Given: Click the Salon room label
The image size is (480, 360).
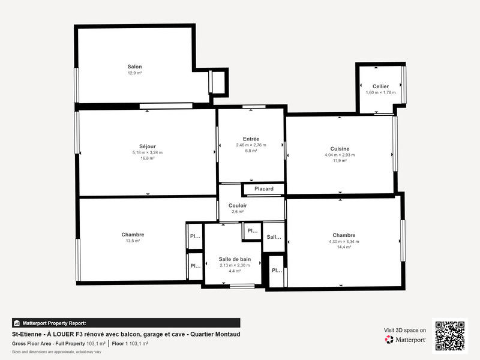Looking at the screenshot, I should (x=134, y=67).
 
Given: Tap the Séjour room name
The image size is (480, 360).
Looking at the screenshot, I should (x=148, y=146).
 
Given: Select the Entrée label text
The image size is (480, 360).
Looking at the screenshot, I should (x=251, y=139).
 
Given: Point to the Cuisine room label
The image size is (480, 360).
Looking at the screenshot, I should (x=340, y=149).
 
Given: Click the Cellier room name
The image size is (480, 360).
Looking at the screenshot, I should (x=380, y=86).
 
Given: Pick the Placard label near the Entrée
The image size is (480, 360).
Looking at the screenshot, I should (x=264, y=189).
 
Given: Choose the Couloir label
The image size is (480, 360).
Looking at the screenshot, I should (x=238, y=206).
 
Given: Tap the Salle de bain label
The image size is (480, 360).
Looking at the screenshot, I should (x=234, y=260).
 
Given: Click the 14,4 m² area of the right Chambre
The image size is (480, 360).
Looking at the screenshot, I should (x=344, y=247).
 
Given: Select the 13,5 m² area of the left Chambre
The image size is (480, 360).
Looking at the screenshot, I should (x=133, y=241).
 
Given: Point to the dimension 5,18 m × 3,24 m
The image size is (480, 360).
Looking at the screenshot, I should (x=148, y=152).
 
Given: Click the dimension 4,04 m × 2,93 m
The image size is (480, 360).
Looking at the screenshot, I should (x=340, y=155).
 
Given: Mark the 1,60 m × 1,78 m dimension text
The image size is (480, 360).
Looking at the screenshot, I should (x=380, y=92).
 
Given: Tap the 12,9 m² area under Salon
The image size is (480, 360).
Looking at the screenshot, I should (x=134, y=73).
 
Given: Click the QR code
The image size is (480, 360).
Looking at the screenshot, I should (x=449, y=335).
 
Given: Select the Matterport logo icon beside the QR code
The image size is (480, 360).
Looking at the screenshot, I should (x=389, y=340).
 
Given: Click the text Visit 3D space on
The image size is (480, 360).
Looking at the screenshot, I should (x=405, y=330).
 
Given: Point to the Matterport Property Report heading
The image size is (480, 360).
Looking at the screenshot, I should (x=54, y=323).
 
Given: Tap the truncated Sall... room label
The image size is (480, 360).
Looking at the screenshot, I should (x=274, y=237).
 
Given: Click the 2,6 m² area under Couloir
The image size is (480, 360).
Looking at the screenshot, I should (x=238, y=212).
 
